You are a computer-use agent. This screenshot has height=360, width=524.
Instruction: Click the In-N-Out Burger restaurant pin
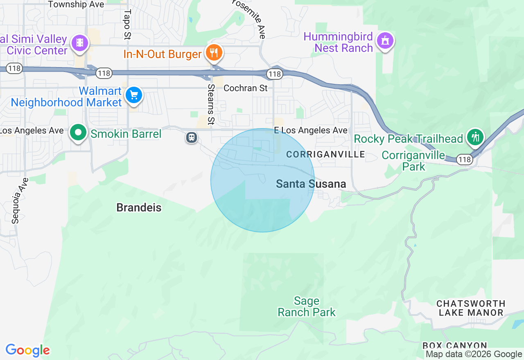214,53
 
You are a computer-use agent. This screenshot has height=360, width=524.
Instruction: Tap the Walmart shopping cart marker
134,95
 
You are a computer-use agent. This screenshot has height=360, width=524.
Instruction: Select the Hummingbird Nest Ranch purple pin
385,41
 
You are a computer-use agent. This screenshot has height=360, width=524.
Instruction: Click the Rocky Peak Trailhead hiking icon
475,137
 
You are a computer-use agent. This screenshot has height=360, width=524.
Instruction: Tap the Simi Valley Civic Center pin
80,43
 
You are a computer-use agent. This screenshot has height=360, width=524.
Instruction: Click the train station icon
192,137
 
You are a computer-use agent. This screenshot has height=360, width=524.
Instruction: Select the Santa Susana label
311,184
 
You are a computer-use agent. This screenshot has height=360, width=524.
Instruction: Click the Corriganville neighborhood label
325,154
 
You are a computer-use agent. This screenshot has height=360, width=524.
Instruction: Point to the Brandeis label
139,208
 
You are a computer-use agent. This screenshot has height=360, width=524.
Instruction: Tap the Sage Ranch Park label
307,307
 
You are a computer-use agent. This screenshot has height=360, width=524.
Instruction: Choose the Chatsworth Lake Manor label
471,308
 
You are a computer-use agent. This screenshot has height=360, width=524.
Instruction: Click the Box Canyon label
454,346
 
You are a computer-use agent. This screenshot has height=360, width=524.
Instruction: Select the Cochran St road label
246,88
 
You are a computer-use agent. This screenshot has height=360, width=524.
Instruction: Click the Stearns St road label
211,104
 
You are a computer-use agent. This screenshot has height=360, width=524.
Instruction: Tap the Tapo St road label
127,25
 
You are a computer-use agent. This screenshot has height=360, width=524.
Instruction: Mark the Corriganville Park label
407,161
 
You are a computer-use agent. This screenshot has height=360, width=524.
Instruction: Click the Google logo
28,350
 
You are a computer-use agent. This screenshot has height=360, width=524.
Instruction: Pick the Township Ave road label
73,4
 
